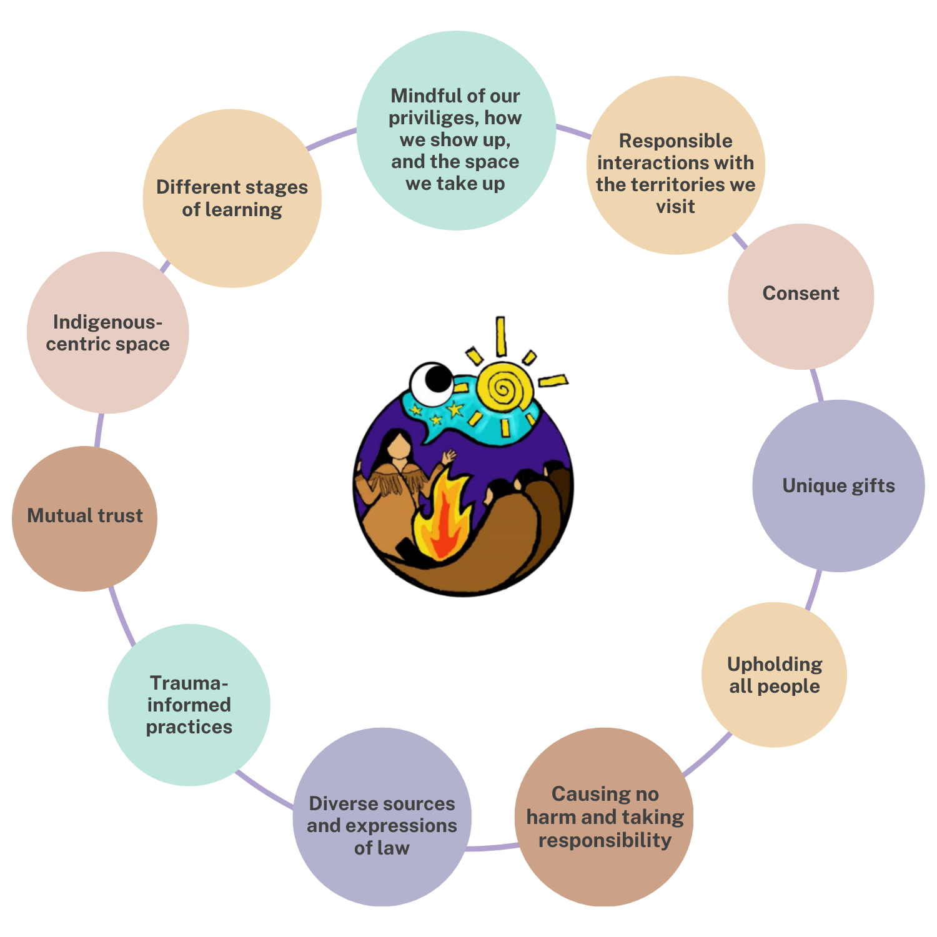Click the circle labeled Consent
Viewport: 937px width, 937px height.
coord(801,297)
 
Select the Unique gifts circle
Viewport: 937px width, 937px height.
coord(838,486)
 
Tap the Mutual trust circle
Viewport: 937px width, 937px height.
coord(85,518)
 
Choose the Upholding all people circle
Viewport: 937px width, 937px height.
coord(775,675)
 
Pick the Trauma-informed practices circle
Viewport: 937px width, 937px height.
coord(189,705)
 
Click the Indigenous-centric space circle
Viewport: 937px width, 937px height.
coord(107,332)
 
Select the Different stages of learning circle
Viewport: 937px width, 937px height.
coord(232,199)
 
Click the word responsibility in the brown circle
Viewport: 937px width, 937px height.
coord(605,840)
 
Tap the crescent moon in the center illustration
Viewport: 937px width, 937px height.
coord(430,382)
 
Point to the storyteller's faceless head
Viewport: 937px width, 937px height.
coord(398,445)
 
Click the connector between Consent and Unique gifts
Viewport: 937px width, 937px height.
coord(816,385)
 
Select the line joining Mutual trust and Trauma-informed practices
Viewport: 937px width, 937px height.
coord(121,615)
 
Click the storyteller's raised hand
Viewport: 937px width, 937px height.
coord(448,457)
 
